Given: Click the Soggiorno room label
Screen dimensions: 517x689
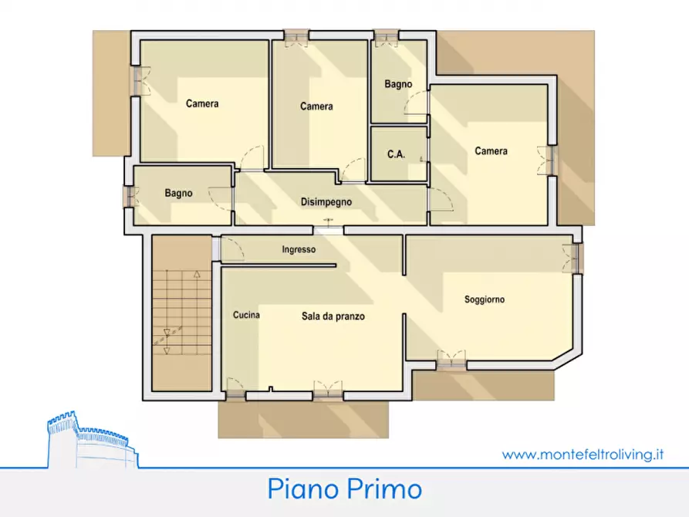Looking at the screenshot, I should [485, 299].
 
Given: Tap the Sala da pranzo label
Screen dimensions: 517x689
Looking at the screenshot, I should [333, 316].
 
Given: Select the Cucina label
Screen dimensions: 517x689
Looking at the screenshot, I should [246, 315].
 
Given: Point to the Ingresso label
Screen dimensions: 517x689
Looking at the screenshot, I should [299, 249].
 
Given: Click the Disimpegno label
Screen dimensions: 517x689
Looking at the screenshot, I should [326, 202].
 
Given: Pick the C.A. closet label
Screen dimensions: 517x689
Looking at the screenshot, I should [396, 154].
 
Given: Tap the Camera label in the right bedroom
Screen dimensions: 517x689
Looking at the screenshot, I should [491, 151].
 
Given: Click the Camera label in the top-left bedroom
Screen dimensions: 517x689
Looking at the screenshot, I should [202, 104].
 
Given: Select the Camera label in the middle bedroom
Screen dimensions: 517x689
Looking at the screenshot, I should [316, 106].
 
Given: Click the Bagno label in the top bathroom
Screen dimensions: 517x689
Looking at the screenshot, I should [398, 84].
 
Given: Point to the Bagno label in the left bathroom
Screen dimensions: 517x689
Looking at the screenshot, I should [178, 194].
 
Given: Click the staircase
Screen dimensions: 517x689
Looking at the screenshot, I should [182, 312].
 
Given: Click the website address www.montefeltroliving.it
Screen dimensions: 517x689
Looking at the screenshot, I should [583, 454].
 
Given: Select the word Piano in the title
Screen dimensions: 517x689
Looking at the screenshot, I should [301, 489].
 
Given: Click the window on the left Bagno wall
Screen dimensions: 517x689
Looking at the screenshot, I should [129, 196].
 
